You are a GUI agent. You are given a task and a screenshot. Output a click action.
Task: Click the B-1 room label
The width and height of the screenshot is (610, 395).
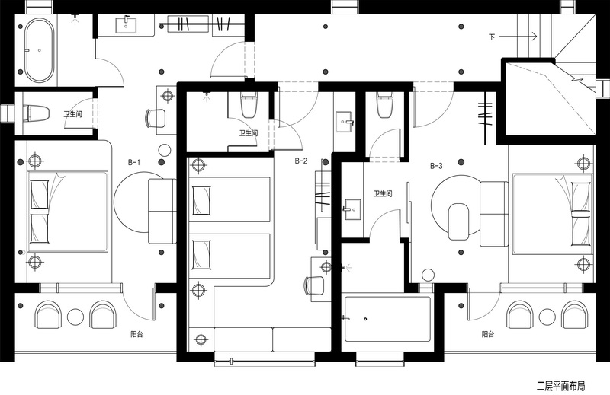[x=134, y=162]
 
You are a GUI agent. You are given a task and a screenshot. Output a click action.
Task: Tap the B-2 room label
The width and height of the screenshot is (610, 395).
[x=300, y=161]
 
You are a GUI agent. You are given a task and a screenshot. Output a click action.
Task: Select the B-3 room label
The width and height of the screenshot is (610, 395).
[x=436, y=166]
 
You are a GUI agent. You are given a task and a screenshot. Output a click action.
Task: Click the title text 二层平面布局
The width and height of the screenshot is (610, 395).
[x=560, y=386]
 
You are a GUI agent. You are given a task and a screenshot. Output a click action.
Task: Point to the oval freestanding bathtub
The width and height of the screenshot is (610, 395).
[x=39, y=49]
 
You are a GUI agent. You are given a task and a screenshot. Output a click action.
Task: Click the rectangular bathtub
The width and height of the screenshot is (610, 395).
[x=387, y=319]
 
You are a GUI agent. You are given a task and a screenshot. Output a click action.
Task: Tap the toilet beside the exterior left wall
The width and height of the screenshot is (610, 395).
[x=36, y=113]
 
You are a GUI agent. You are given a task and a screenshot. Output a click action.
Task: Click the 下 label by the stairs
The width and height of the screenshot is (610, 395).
[x=492, y=37]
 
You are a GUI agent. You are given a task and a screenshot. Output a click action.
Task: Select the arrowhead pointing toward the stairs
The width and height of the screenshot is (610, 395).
[x=535, y=36]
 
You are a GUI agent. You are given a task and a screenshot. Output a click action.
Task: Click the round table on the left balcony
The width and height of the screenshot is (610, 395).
[x=75, y=317]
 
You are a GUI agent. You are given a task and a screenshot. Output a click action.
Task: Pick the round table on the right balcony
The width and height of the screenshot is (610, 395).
[x=547, y=317]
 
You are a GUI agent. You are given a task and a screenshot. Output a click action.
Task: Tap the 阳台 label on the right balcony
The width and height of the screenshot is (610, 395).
[x=488, y=334]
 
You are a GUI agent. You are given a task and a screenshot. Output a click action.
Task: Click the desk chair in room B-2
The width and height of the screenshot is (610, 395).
[x=314, y=286]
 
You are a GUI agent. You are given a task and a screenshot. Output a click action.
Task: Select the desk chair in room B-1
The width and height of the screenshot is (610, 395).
[x=156, y=118]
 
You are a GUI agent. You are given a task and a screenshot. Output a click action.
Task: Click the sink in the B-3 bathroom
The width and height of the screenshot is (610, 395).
[x=352, y=210]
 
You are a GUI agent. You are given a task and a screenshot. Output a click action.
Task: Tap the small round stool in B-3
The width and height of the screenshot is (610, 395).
[x=428, y=275]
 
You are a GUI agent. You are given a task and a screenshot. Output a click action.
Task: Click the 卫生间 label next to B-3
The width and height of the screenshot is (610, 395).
[x=383, y=193]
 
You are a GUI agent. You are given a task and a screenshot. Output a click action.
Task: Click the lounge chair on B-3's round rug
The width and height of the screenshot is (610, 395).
[x=459, y=221]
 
